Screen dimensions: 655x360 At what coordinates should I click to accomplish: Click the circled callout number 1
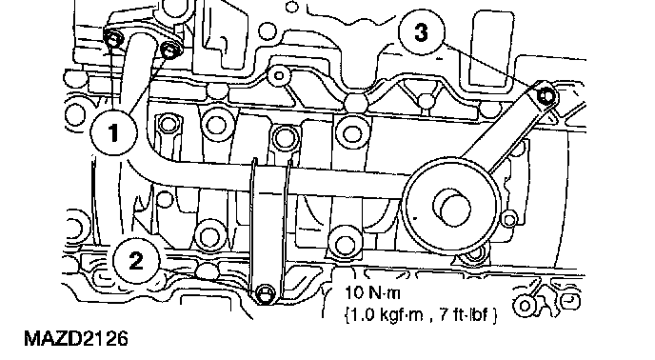[x=113, y=133]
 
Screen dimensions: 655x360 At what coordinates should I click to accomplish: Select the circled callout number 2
[x=136, y=261]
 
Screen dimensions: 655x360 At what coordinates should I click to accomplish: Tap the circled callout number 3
[x=421, y=32]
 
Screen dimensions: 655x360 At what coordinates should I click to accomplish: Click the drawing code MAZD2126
[x=76, y=338]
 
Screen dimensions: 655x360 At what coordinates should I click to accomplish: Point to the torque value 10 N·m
[x=372, y=292]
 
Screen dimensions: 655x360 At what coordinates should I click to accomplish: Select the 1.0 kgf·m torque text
[x=385, y=314]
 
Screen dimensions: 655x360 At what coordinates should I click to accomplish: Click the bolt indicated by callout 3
[x=546, y=96]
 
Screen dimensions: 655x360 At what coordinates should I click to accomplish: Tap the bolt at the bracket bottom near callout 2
[x=265, y=293]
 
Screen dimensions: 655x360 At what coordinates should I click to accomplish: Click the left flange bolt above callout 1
[x=113, y=40]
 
